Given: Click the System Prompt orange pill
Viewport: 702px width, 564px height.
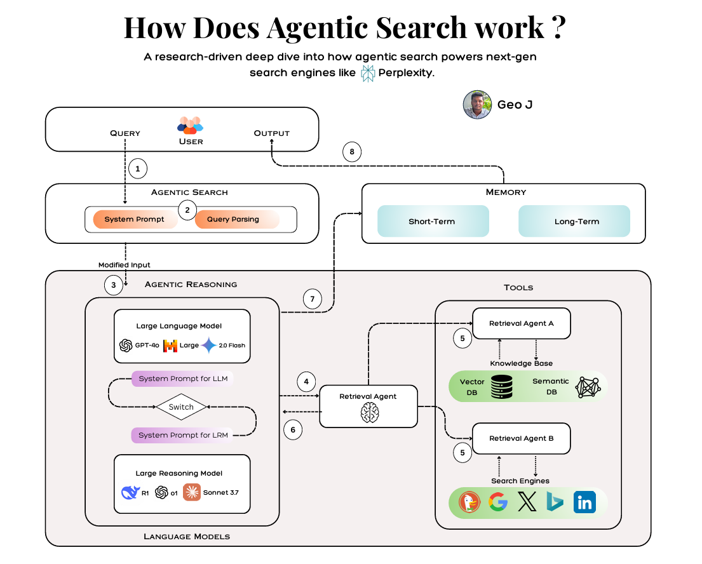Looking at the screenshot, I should pyautogui.click(x=134, y=219).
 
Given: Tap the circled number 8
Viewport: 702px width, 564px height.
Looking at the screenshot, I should pyautogui.click(x=352, y=152).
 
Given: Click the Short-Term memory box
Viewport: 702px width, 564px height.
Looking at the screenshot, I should pyautogui.click(x=433, y=222).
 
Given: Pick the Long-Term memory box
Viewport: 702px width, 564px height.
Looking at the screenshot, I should pyautogui.click(x=574, y=222).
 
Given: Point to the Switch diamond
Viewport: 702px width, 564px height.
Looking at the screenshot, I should pyautogui.click(x=182, y=406).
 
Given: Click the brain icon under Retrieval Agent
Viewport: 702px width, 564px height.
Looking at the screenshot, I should pyautogui.click(x=368, y=413).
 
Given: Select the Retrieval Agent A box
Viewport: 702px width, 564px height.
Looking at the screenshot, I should pyautogui.click(x=521, y=324).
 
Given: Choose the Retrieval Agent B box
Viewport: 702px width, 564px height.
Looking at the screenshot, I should pyautogui.click(x=521, y=439).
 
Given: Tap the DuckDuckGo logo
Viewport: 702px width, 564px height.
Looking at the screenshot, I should pyautogui.click(x=469, y=503).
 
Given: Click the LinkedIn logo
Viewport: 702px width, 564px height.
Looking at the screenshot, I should pyautogui.click(x=584, y=503).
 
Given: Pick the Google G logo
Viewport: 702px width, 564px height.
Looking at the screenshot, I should pyautogui.click(x=498, y=503).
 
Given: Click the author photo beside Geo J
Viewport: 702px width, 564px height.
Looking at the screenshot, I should pyautogui.click(x=478, y=105).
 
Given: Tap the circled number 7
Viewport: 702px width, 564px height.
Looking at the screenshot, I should pyautogui.click(x=312, y=299).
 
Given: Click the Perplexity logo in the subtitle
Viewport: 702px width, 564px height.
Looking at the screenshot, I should pyautogui.click(x=368, y=74).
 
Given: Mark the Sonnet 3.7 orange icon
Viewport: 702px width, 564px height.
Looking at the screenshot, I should pyautogui.click(x=192, y=492).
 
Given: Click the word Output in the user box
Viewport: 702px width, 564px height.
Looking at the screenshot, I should pyautogui.click(x=271, y=133).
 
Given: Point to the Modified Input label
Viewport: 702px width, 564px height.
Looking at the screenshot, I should pyautogui.click(x=124, y=264).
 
